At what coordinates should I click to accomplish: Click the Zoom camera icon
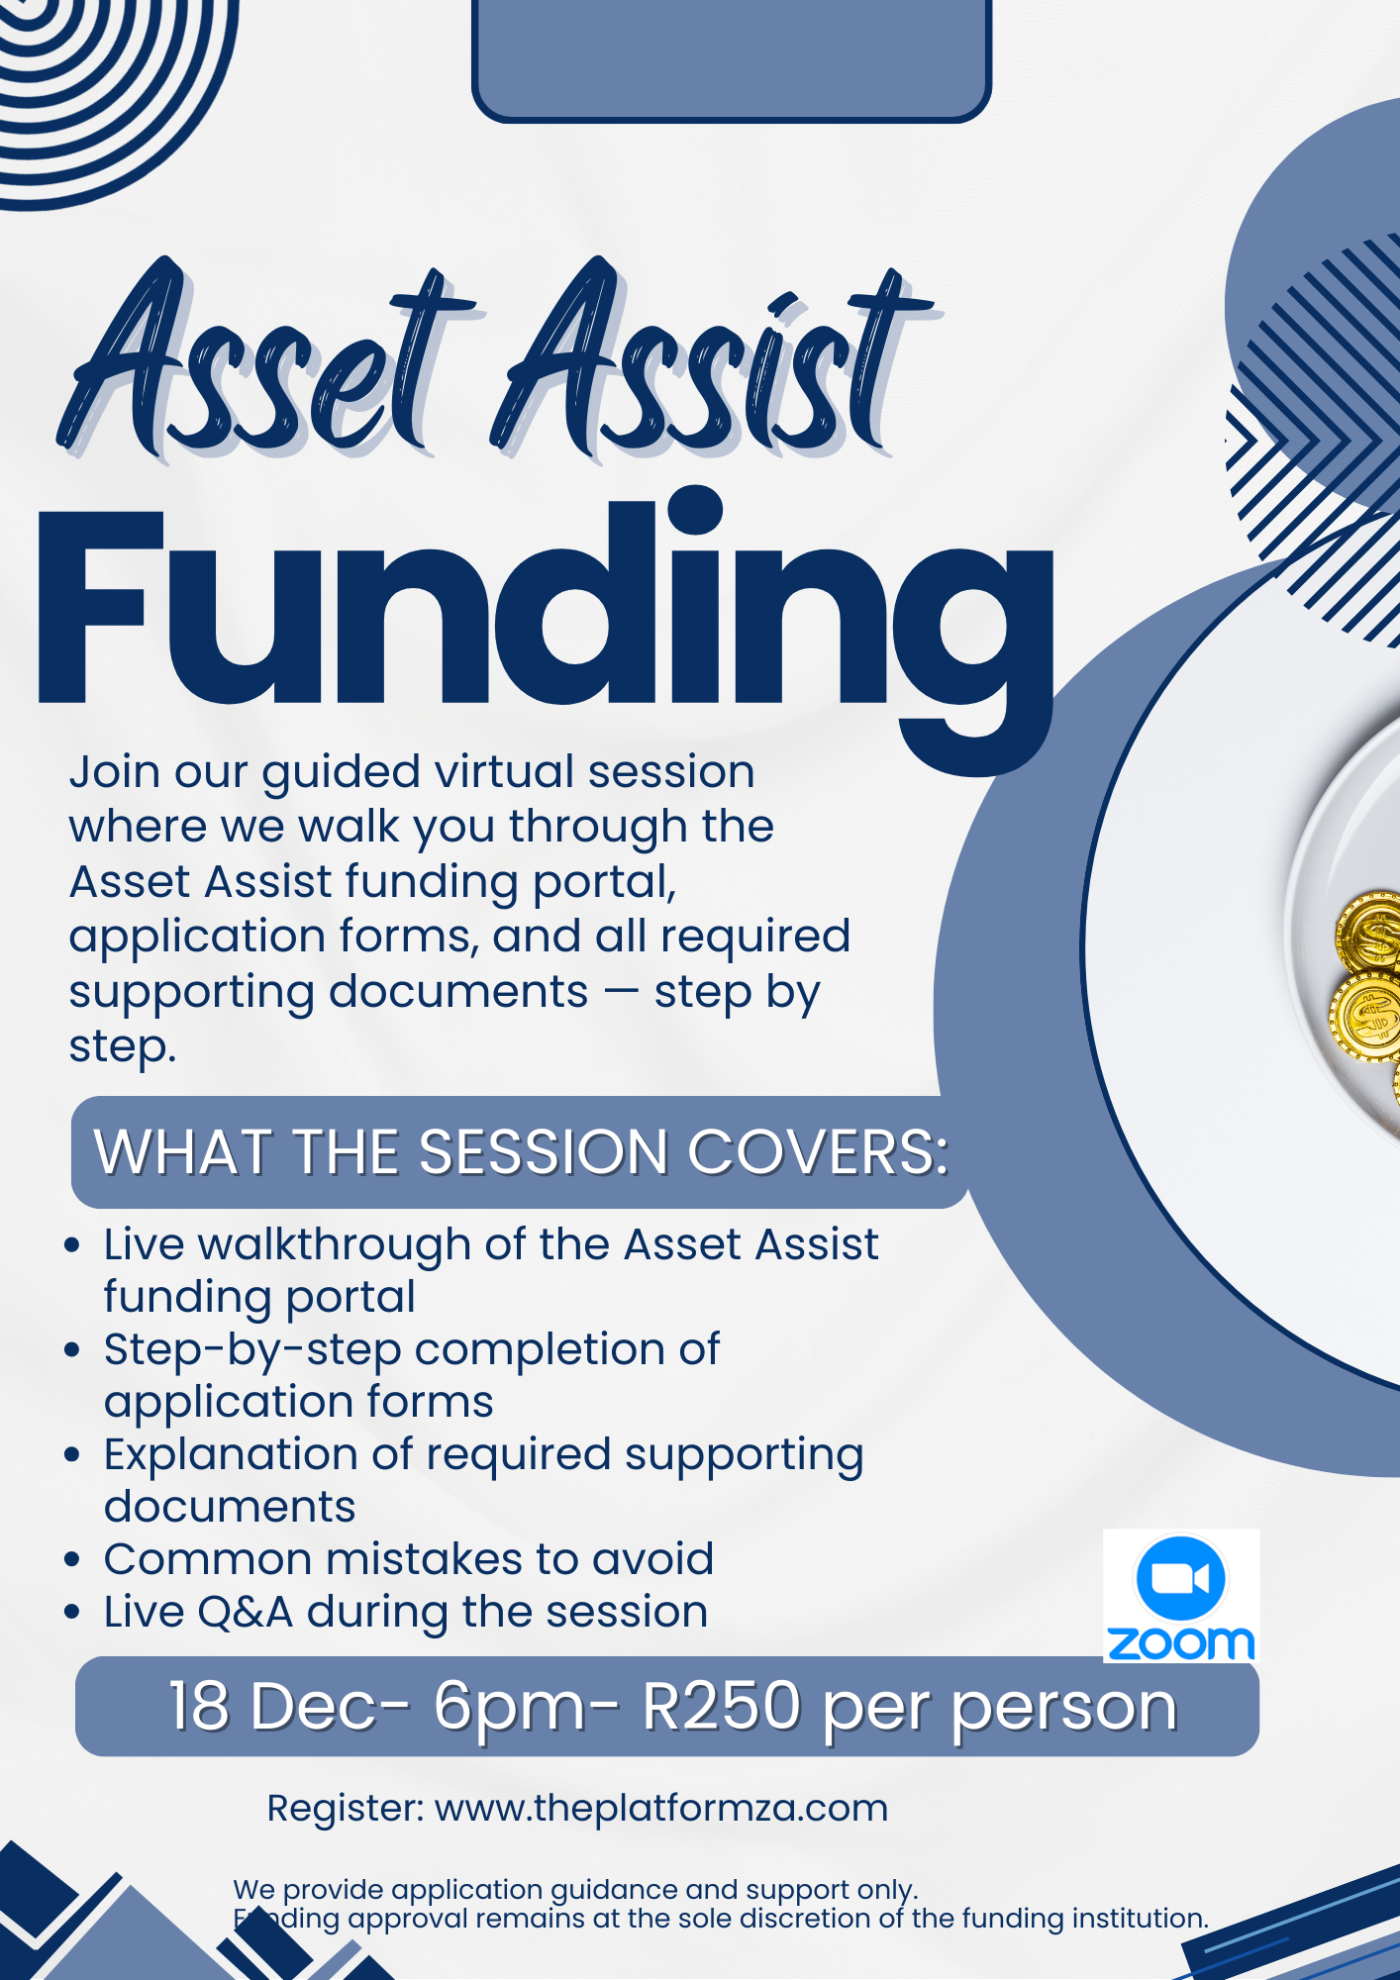1180,1577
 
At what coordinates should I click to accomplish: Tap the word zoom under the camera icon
1180,1643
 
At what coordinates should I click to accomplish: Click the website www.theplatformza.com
661,1808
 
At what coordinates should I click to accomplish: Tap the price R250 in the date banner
721,1706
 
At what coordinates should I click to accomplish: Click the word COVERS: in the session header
818,1152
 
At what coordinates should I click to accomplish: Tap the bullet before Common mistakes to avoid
71,1559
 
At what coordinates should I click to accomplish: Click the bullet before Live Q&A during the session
71,1612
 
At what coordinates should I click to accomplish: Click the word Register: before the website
346,1808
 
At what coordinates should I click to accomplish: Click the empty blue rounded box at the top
732,54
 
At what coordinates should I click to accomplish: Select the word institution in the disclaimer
1140,1918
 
